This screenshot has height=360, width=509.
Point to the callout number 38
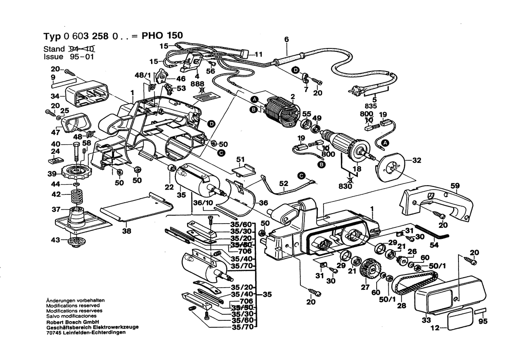pyautogui.click(x=126, y=232)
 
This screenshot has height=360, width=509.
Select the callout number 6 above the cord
pyautogui.click(x=286, y=40)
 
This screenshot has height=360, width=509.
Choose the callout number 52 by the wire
pyautogui.click(x=283, y=185)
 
